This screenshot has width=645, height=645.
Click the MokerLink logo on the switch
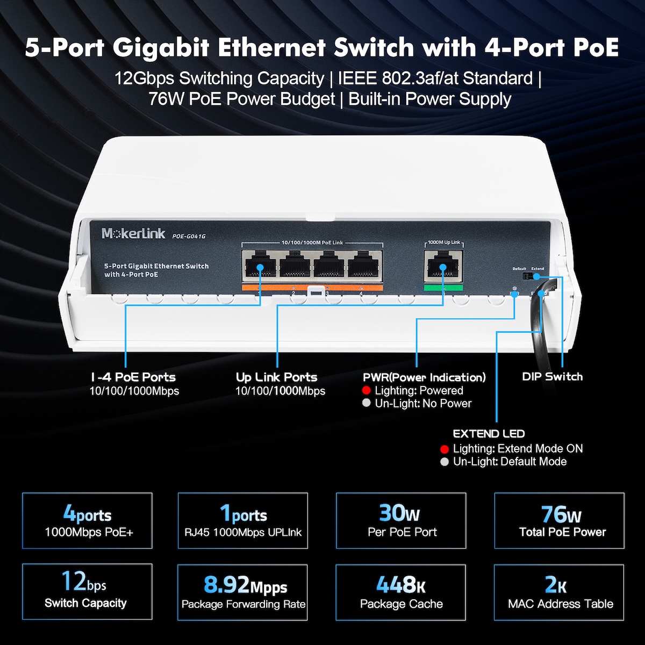[133, 233]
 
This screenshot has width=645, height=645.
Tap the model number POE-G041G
[189, 236]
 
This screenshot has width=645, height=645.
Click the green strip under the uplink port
[443, 288]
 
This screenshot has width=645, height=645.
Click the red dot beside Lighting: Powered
[367, 390]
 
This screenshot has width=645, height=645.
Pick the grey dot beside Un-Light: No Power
[367, 403]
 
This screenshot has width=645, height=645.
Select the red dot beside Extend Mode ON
[445, 449]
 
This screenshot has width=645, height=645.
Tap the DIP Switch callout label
[553, 377]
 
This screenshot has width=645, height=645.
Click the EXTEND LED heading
[489, 434]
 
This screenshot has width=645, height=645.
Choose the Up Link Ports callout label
[276, 377]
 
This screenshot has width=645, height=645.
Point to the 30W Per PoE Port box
[401, 520]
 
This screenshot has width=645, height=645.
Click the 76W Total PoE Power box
[560, 520]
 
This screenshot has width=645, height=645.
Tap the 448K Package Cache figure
[401, 584]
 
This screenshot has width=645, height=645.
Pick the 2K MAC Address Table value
[556, 584]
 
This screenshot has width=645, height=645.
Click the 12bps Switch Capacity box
[87, 591]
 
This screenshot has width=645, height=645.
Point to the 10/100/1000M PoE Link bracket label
[312, 242]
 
